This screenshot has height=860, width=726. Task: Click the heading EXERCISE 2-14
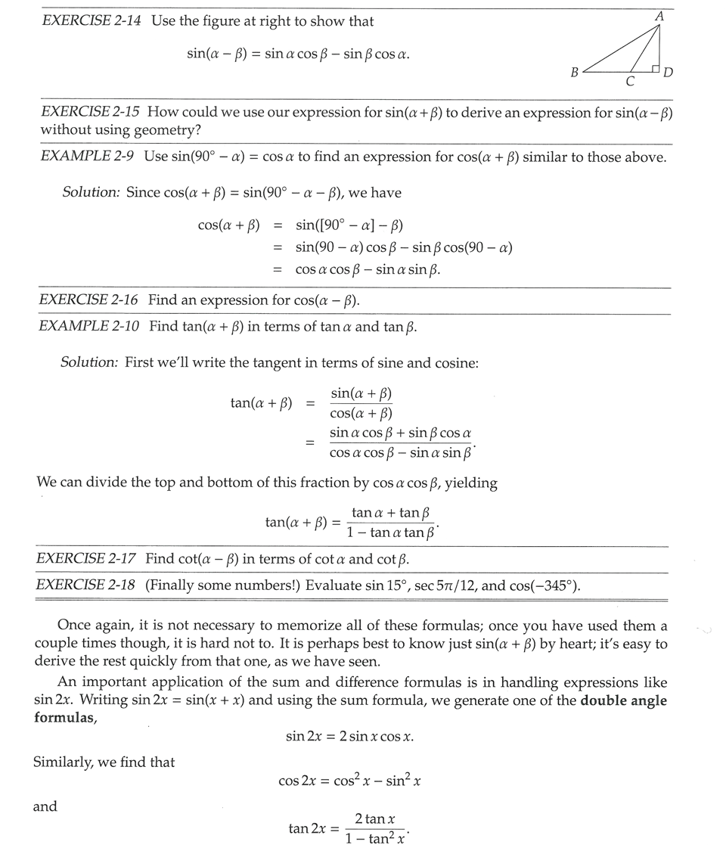92,21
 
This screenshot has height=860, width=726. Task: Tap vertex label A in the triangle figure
659,16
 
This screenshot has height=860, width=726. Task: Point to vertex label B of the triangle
575,73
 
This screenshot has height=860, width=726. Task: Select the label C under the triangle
630,82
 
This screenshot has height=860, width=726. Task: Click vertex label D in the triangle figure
669,73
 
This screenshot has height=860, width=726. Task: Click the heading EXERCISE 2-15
91,113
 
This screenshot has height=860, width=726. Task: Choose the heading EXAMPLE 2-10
89,327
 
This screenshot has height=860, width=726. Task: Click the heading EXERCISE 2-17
87,559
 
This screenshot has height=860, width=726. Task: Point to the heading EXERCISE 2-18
87,585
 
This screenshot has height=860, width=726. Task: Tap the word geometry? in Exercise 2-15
166,129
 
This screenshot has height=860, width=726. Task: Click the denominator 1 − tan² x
375,839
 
